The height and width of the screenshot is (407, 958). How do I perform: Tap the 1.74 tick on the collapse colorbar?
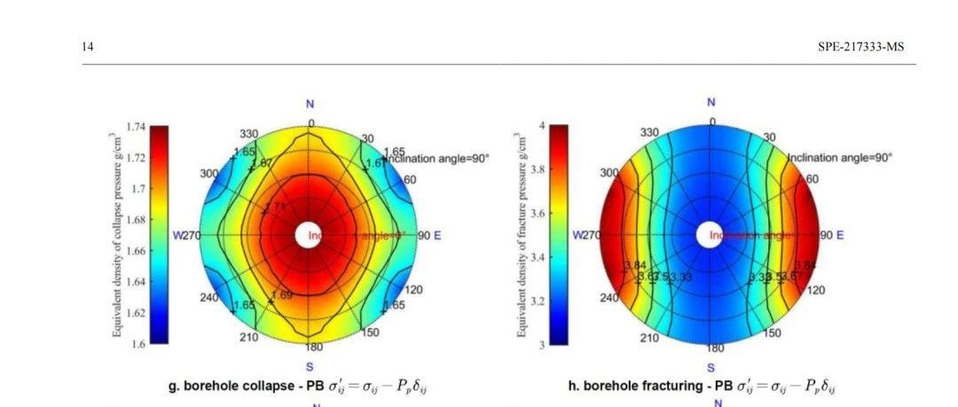click(x=136, y=127)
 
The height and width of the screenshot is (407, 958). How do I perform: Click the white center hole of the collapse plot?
click(x=310, y=235)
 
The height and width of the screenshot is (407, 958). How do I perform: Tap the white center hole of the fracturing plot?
click(x=710, y=235)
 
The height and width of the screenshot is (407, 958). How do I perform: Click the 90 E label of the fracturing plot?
click(x=831, y=236)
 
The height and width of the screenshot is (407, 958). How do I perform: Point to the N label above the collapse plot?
click(x=310, y=105)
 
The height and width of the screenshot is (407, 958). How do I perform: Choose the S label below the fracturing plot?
click(x=711, y=367)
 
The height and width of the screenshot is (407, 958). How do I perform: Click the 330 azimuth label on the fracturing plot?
click(x=650, y=132)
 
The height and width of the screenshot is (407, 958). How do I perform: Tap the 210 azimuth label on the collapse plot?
click(x=249, y=337)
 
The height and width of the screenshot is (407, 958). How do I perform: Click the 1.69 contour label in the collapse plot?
click(x=281, y=294)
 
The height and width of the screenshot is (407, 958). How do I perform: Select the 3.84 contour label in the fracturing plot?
click(x=635, y=266)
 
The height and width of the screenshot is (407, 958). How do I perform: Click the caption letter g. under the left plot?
click(x=174, y=387)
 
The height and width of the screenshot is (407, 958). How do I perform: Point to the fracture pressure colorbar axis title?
click(x=518, y=235)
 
